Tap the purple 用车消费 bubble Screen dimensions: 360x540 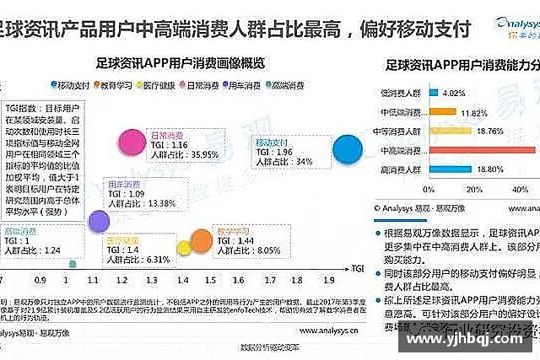click(99, 221)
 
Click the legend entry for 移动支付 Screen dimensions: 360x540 click(73, 85)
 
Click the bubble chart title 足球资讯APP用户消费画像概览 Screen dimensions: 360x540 click(181, 63)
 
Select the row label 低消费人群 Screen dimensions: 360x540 click(400, 93)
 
